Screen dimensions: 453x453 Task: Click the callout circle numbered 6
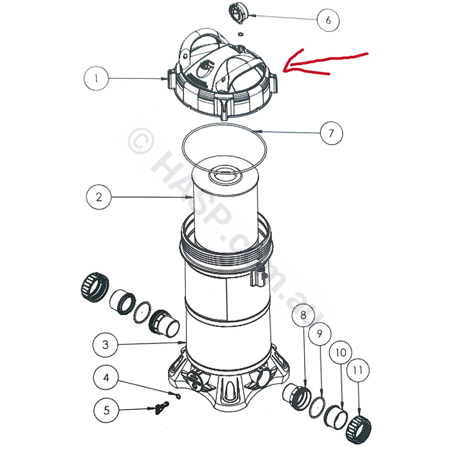coord(328,20)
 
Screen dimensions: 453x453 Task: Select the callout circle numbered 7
coord(331,133)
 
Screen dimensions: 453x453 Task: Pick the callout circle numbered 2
coord(99,197)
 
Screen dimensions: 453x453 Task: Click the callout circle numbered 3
coord(105,345)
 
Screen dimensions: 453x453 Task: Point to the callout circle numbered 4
coord(106,378)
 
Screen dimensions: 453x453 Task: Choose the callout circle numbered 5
coord(106,410)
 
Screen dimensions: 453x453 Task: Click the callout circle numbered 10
coord(341,352)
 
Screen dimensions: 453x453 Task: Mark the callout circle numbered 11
coord(358,370)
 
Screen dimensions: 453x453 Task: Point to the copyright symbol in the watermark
coord(141,141)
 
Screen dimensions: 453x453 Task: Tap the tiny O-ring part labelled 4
coord(178,397)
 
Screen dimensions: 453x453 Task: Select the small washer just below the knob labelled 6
coord(241,34)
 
